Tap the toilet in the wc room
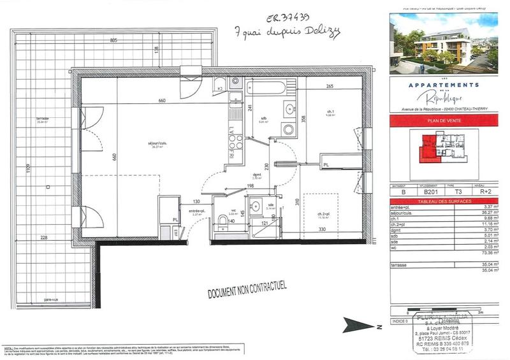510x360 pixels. click(x=222, y=220)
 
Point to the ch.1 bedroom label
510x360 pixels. click(x=330, y=112)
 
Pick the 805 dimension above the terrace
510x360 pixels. click(x=113, y=40)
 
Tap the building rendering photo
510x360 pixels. click(x=442, y=43)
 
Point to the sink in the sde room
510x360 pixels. click(x=254, y=206)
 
